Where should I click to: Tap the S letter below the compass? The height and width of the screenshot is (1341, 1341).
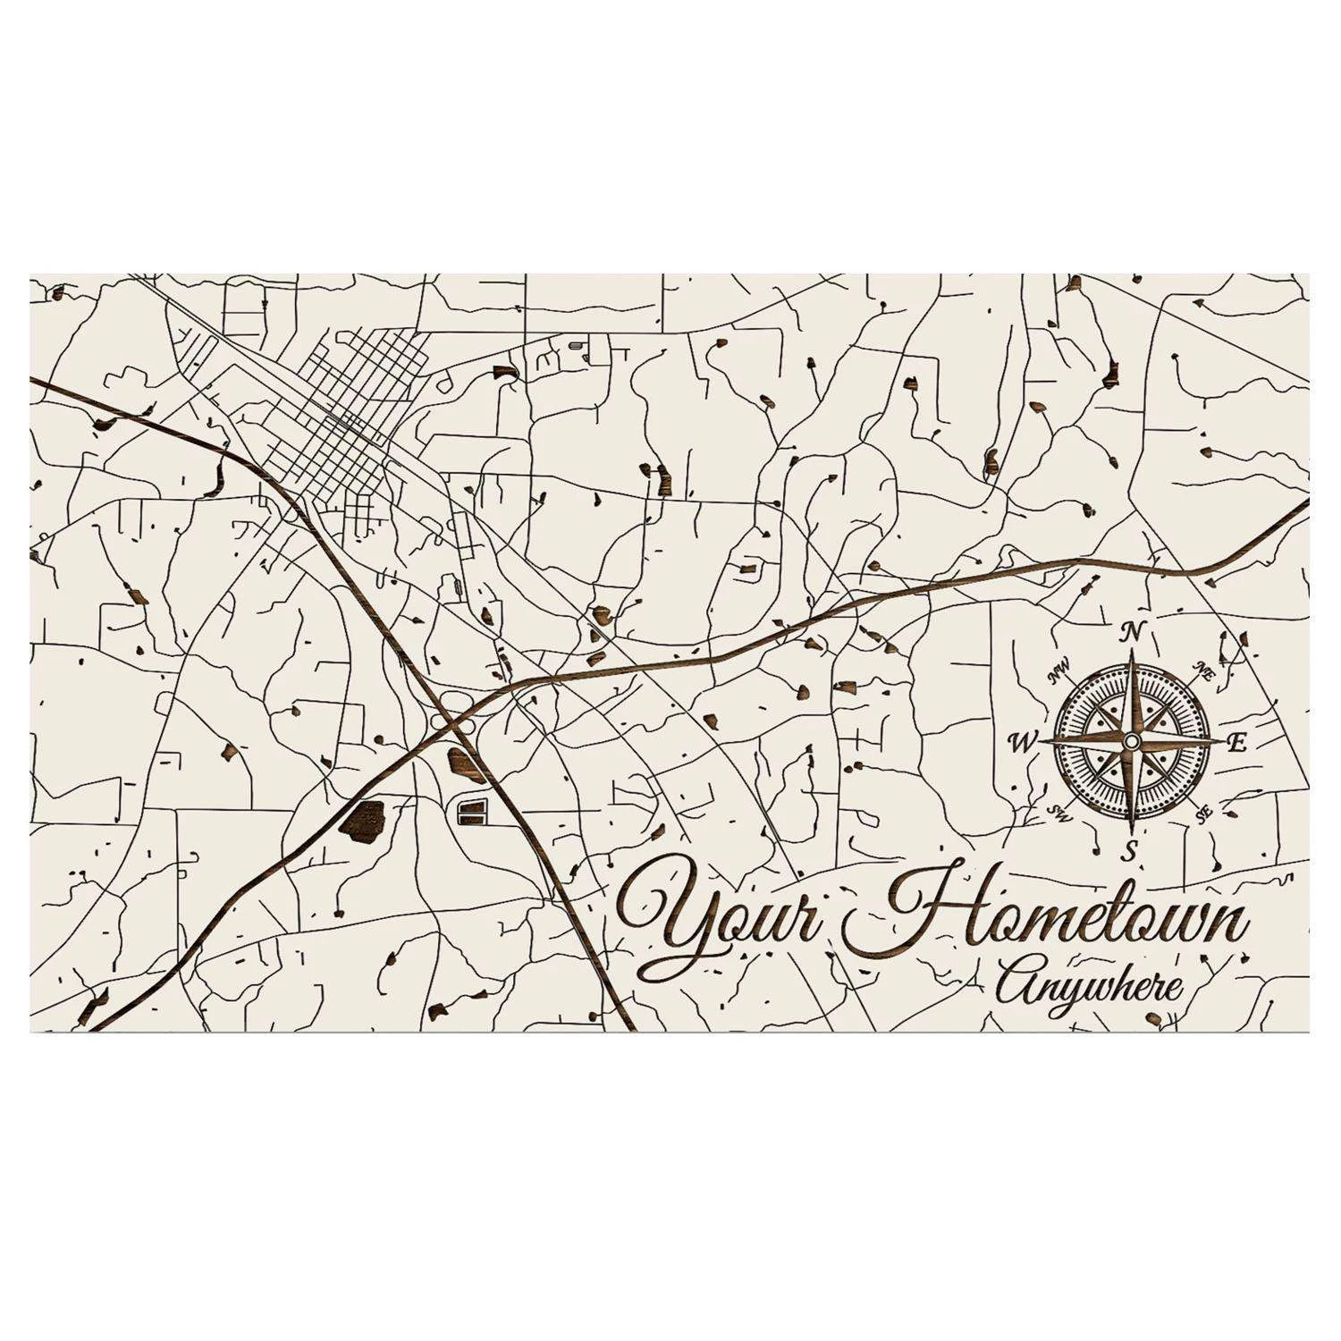(1130, 851)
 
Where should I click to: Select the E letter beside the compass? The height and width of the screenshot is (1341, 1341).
(1237, 742)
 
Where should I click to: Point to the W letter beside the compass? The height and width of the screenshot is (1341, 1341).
(1019, 741)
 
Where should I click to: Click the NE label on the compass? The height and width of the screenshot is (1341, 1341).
(1203, 673)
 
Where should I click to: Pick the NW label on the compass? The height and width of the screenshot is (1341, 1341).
(1060, 670)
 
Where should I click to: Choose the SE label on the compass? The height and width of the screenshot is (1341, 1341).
(1203, 813)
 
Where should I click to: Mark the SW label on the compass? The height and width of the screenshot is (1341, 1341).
(1059, 812)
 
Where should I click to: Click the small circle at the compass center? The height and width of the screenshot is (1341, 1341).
(1131, 741)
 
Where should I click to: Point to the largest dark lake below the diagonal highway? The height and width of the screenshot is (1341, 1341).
(362, 817)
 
